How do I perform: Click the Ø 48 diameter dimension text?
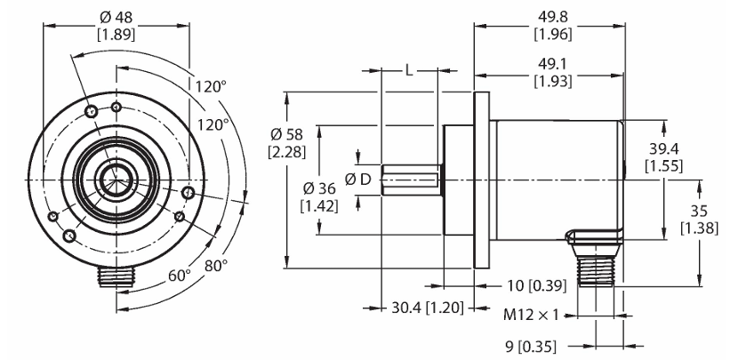tap(116, 18)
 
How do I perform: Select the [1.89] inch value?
tap(116, 35)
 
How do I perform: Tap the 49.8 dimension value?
tap(553, 17)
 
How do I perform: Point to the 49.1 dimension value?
tap(553, 64)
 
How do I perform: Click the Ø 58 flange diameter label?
tap(287, 135)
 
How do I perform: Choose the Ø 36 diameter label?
tap(319, 188)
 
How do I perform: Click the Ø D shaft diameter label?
tap(358, 179)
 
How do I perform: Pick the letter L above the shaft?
tap(408, 71)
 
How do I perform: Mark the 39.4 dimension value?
tap(663, 149)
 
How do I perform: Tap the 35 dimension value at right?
tap(699, 211)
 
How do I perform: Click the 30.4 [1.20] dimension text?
tap(427, 308)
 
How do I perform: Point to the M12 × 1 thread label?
tap(531, 316)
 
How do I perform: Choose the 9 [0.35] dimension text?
tap(531, 347)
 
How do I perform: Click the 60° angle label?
tap(180, 276)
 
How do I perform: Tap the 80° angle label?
tap(216, 266)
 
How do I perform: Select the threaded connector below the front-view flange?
tap(116, 276)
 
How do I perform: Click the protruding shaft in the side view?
tap(411, 180)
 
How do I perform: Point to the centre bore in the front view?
tap(116, 180)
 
